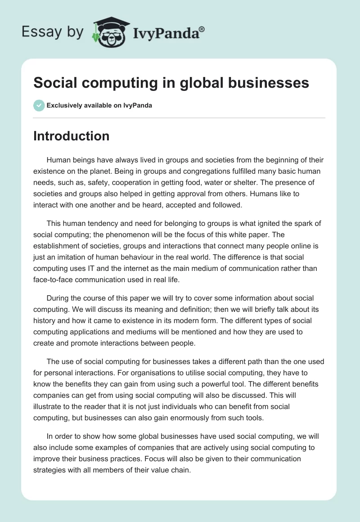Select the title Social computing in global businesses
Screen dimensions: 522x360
171,83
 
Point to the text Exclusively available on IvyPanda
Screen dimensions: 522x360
99,106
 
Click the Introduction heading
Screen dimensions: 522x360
71,136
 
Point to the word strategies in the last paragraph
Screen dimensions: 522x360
54,470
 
